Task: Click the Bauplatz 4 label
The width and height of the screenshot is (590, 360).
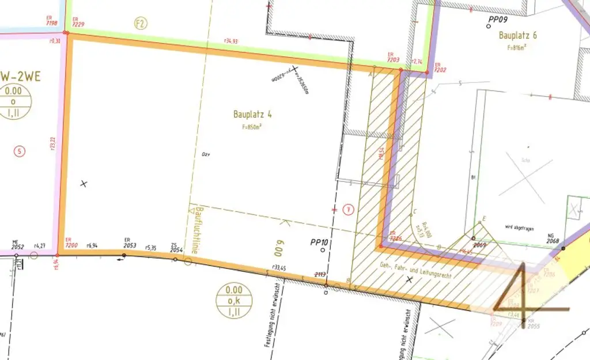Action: coord(252,114)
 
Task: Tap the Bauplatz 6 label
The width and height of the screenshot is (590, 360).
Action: coord(517,35)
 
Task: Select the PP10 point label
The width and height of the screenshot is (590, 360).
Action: coord(319,242)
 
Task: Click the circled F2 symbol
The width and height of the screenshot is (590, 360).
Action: coord(140,24)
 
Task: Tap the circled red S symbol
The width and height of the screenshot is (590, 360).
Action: coord(20,151)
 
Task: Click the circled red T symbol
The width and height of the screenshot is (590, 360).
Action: coord(348,209)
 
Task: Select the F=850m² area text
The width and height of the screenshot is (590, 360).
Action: coord(252,126)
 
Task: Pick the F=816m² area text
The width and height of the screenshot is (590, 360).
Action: coord(517,47)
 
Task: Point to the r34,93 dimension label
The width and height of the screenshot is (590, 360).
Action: coord(232,41)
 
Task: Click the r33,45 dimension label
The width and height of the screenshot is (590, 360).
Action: coord(279,267)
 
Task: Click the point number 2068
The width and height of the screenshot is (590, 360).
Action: coord(553,241)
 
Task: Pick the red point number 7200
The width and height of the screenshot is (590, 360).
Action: coord(71,245)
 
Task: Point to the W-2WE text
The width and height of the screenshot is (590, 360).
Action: coord(21,76)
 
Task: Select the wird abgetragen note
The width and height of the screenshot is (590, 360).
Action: coord(519,229)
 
